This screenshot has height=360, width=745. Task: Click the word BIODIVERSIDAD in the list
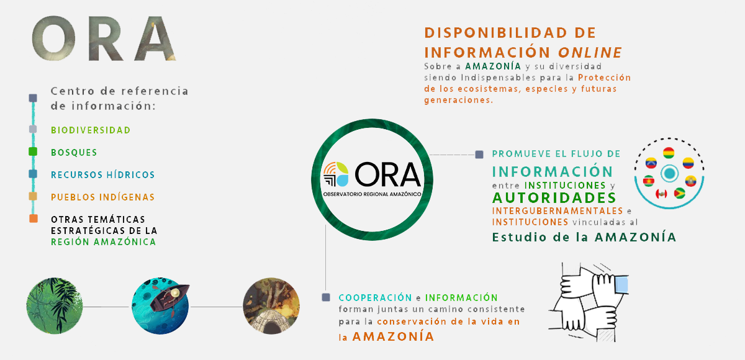[x=91, y=130]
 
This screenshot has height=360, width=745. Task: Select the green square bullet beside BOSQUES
[x=33, y=151]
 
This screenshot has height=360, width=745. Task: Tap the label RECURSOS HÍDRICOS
[x=103, y=174]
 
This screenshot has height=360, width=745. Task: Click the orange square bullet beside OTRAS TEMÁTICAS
[x=34, y=218]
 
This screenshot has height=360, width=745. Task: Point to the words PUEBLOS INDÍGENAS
[x=103, y=197]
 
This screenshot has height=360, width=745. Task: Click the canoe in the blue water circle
[x=168, y=297]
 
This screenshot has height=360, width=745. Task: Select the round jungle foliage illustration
[x=55, y=306]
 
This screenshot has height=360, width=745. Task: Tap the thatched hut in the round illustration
[x=271, y=322]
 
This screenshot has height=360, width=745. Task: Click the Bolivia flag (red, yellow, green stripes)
[x=669, y=153]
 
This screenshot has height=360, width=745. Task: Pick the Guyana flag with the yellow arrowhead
[x=679, y=193]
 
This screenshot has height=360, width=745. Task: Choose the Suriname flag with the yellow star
[x=649, y=181]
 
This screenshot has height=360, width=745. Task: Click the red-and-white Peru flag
[x=662, y=194]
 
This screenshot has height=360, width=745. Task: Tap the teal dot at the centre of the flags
[x=669, y=173]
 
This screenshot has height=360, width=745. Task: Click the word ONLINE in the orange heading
[x=590, y=53]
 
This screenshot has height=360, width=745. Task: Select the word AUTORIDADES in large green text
[x=554, y=198]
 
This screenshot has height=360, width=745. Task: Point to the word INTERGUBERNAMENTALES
[x=558, y=211]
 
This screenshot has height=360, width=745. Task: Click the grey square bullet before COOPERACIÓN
[x=326, y=297]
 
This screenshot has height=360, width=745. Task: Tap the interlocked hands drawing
[x=589, y=302]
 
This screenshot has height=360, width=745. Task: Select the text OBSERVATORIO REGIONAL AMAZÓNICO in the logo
[x=372, y=194]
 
